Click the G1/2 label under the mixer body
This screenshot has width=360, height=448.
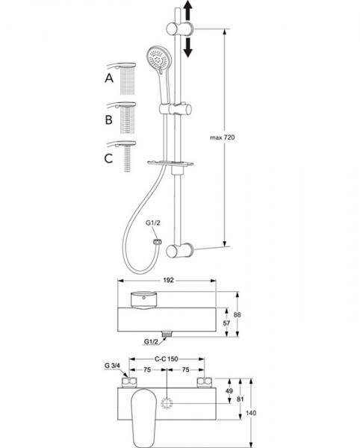pos(152,343)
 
